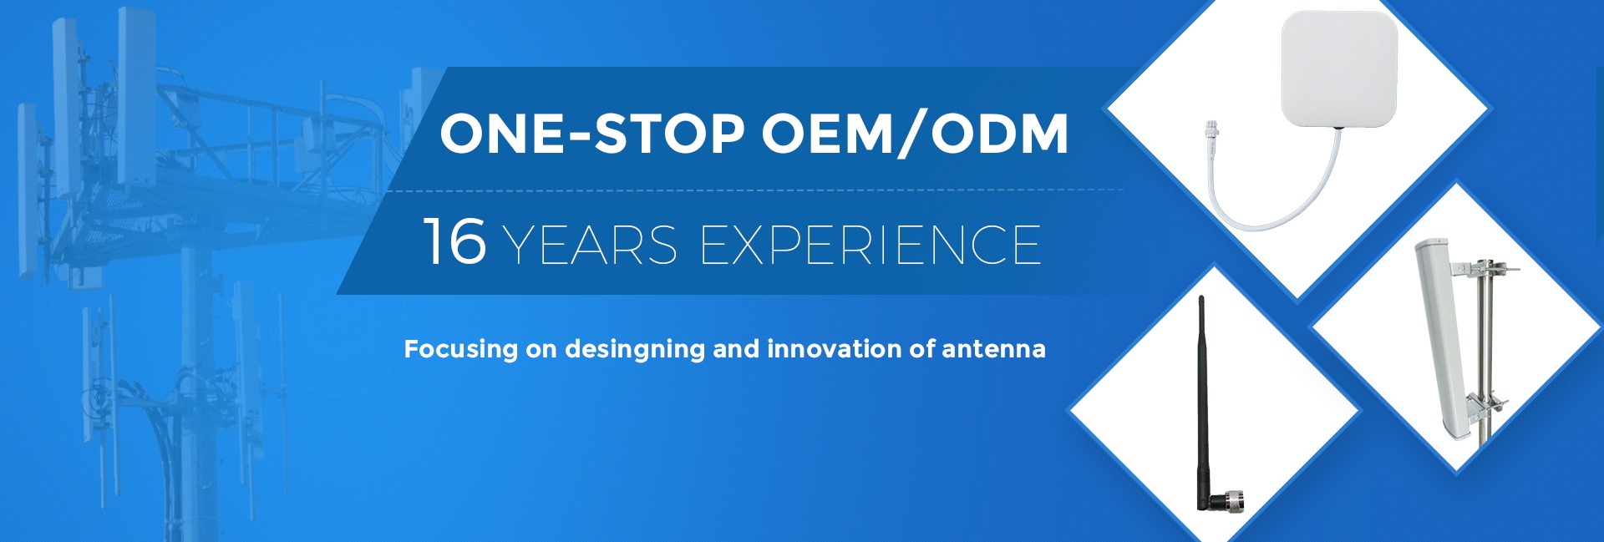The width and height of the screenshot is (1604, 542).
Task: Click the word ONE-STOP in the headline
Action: [591, 134]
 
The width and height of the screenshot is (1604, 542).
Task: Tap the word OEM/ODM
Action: [916, 134]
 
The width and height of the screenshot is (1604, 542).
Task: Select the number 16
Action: [454, 241]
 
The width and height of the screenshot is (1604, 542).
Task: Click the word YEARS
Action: [591, 245]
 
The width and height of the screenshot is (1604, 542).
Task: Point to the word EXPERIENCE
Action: [871, 245]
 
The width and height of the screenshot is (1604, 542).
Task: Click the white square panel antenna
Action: [1339, 68]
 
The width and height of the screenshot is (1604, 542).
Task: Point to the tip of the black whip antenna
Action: [1201, 297]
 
